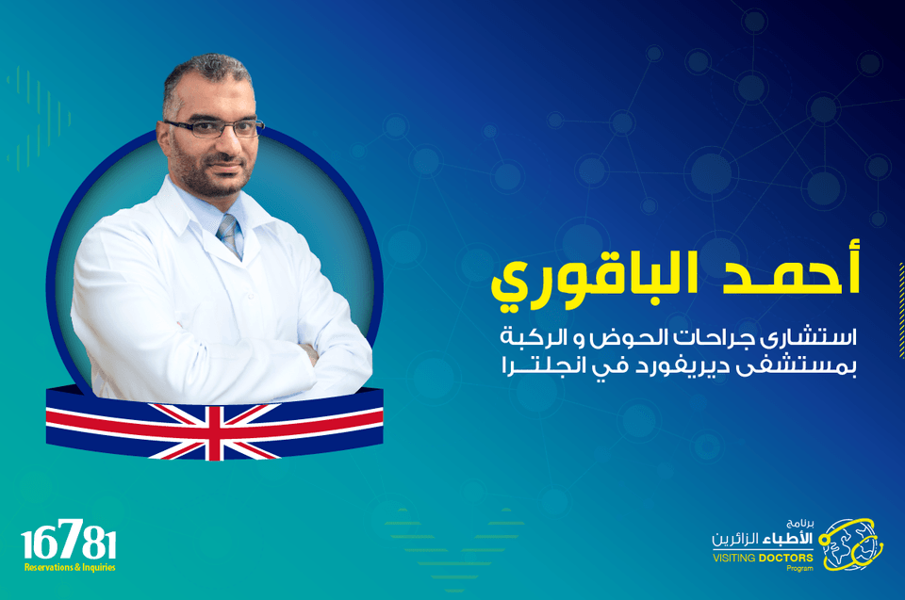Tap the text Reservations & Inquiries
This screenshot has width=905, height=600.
click(x=70, y=567)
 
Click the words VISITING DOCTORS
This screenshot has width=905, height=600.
click(x=763, y=558)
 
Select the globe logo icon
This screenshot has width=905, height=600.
click(x=850, y=544)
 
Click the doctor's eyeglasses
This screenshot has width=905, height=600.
click(x=214, y=128)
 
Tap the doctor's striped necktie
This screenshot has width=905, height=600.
click(x=230, y=235)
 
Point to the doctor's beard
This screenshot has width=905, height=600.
click(x=210, y=173)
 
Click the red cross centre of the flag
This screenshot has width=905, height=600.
click(x=214, y=432)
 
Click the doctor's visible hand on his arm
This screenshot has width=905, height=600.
click(x=310, y=353)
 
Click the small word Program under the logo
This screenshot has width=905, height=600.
click(x=800, y=568)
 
